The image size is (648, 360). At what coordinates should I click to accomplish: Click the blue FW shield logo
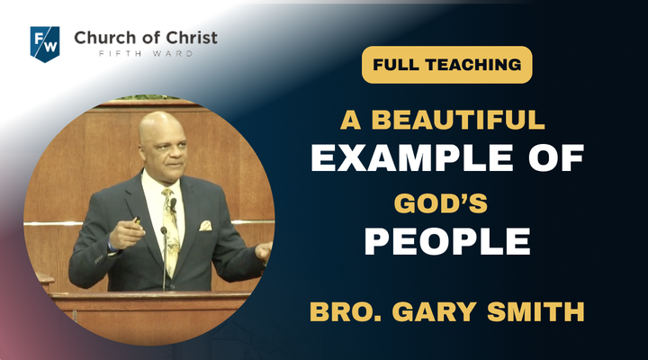45,44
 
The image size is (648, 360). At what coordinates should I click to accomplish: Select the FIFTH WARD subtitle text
146,54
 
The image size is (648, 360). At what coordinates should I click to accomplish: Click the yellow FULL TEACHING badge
446,65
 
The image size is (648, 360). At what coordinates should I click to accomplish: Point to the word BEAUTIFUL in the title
458,120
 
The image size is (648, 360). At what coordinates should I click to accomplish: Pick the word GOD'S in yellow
440,203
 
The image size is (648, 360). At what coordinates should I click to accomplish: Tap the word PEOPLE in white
447,241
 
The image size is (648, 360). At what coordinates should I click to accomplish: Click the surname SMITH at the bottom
535,311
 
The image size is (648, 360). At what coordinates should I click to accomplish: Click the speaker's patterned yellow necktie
171,231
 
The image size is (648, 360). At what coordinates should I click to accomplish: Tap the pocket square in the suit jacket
205,226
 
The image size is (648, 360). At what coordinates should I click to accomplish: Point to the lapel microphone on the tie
173,203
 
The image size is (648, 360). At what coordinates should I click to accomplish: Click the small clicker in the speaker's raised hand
137,220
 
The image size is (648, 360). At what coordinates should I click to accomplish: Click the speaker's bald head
162,127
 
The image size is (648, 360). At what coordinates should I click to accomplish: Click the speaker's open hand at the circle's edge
263,251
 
